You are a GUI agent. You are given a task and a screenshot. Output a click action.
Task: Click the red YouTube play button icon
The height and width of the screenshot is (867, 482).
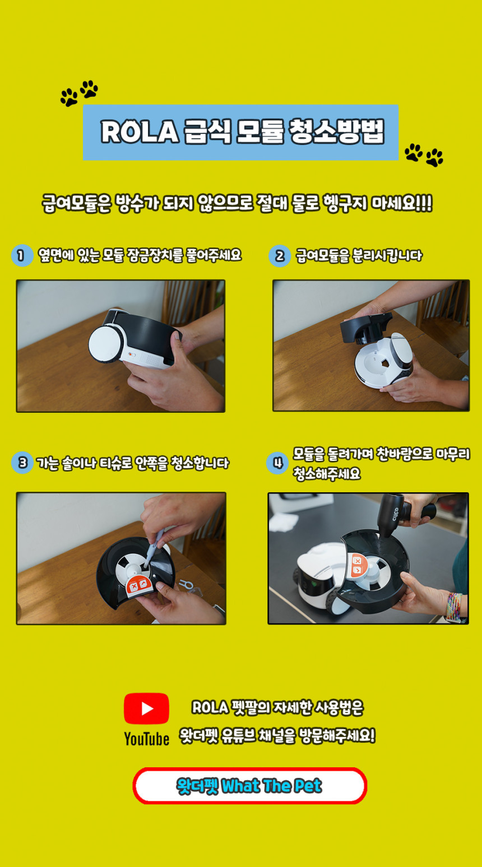pos(146,708)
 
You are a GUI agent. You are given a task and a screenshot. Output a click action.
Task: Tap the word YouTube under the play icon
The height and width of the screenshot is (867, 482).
pos(146,739)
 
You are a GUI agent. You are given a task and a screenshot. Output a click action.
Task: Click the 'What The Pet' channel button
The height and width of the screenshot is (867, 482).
pos(249,786)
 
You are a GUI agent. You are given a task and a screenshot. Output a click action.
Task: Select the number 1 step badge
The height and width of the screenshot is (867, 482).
pos(22,255)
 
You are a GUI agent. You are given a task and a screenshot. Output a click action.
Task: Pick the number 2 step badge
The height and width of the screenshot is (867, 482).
pos(279,256)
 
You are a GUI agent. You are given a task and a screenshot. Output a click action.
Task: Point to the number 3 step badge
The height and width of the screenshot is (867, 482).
pos(22,463)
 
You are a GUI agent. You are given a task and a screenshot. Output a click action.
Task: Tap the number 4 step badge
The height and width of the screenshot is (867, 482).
pos(277,463)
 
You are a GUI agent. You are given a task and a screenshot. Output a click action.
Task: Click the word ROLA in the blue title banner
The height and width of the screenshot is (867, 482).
pos(140,132)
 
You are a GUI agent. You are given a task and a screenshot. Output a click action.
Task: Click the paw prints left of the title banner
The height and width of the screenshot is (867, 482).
pos(79,93)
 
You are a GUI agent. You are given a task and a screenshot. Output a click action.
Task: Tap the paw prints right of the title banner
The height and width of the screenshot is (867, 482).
pos(424,155)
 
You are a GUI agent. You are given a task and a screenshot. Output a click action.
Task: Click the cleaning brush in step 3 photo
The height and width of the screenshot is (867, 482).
pos(154,548)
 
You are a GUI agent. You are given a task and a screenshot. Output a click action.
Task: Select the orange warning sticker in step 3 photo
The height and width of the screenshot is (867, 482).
pos(140,585)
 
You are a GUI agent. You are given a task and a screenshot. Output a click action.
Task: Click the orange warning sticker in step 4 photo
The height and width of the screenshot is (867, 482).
pos(357,565)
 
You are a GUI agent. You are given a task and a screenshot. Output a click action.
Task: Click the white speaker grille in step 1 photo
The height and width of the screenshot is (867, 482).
pos(152,360)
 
